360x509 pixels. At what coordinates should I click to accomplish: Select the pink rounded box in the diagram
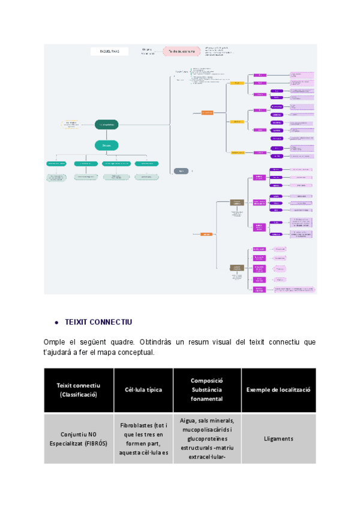click(x=182, y=52)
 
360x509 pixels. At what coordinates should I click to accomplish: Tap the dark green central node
click(x=106, y=124)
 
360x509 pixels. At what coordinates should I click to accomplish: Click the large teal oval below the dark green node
click(x=106, y=145)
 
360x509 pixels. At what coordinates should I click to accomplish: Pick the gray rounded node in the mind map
click(x=181, y=171)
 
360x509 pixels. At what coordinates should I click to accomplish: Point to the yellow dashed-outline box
click(x=71, y=124)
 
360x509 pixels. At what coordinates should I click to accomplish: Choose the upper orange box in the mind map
click(x=207, y=112)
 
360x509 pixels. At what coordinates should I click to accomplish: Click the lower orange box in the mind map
click(x=206, y=234)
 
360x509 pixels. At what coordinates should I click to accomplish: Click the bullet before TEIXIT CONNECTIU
click(x=56, y=322)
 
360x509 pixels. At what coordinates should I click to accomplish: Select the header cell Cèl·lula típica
click(x=143, y=390)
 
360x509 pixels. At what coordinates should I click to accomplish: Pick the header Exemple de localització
click(x=278, y=390)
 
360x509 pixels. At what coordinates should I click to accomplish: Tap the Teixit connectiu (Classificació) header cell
click(x=79, y=390)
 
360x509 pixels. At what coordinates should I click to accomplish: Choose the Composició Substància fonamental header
click(x=207, y=390)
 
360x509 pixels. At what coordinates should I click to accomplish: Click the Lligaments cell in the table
click(x=278, y=438)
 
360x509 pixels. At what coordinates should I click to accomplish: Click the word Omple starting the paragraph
click(x=54, y=342)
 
